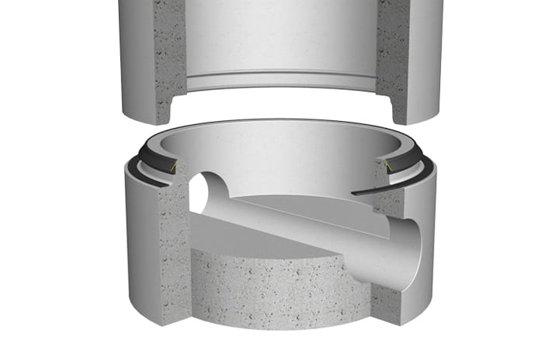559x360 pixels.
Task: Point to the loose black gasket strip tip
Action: [356, 192]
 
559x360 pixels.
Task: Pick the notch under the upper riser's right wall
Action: [386, 105]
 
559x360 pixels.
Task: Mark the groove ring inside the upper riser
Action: [279, 80]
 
